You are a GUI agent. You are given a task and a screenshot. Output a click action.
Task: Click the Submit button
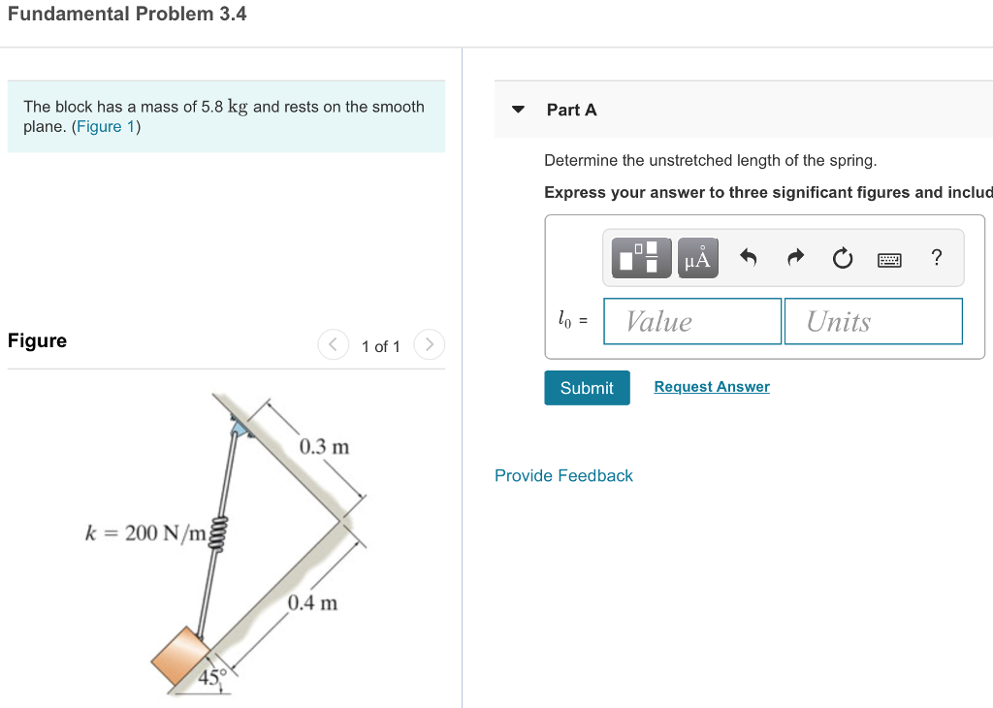pyautogui.click(x=587, y=388)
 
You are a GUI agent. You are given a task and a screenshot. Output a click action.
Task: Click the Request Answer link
pyautogui.click(x=712, y=387)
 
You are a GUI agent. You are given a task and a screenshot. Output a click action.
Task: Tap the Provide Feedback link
pyautogui.click(x=563, y=475)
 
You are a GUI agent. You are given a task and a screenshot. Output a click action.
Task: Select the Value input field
pyautogui.click(x=691, y=321)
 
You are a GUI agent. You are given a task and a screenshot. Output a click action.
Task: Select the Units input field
pyautogui.click(x=873, y=321)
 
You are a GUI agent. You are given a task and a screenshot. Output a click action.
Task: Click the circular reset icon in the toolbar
pyautogui.click(x=842, y=258)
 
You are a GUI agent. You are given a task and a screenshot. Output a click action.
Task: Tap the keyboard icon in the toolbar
pyautogui.click(x=889, y=259)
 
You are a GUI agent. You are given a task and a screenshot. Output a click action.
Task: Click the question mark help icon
pyautogui.click(x=936, y=257)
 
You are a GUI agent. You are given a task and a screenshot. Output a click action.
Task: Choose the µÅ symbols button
pyautogui.click(x=697, y=258)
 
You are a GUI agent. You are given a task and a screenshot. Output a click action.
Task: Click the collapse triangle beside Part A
pyautogui.click(x=519, y=110)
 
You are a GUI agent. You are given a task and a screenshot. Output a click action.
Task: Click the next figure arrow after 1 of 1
pyautogui.click(x=430, y=345)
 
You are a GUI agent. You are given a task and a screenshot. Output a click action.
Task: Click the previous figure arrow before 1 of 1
pyautogui.click(x=333, y=345)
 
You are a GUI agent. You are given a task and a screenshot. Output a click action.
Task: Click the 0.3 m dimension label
pyautogui.click(x=324, y=447)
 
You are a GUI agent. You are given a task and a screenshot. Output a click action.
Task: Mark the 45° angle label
pyautogui.click(x=211, y=676)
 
